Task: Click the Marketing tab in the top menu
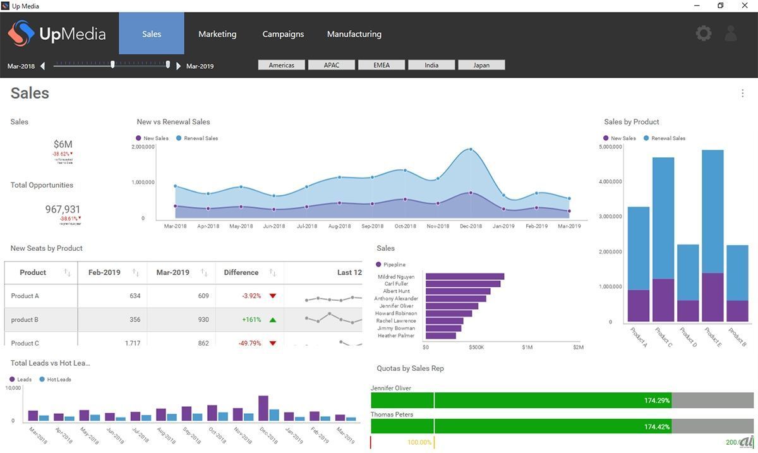pyautogui.click(x=217, y=34)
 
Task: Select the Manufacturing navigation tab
pyautogui.click(x=354, y=34)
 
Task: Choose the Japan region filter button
pyautogui.click(x=481, y=65)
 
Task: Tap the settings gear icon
pyautogui.click(x=703, y=33)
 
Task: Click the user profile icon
pyautogui.click(x=731, y=33)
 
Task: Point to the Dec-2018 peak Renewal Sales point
pyautogui.click(x=471, y=150)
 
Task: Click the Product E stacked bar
pyautogui.click(x=713, y=234)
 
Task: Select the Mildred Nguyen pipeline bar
pyautogui.click(x=464, y=276)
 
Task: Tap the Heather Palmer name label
pyautogui.click(x=396, y=335)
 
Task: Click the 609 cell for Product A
pyautogui.click(x=203, y=296)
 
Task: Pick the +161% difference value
pyautogui.click(x=251, y=320)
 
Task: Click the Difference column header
pyautogui.click(x=241, y=272)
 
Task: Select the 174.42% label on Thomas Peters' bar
pyautogui.click(x=657, y=427)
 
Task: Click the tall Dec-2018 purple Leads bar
pyautogui.click(x=263, y=408)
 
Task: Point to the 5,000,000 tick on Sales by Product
pyautogui.click(x=610, y=147)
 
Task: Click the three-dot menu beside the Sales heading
pyautogui.click(x=742, y=94)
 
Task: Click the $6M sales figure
pyautogui.click(x=63, y=144)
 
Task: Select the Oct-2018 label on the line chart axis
pyautogui.click(x=405, y=226)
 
